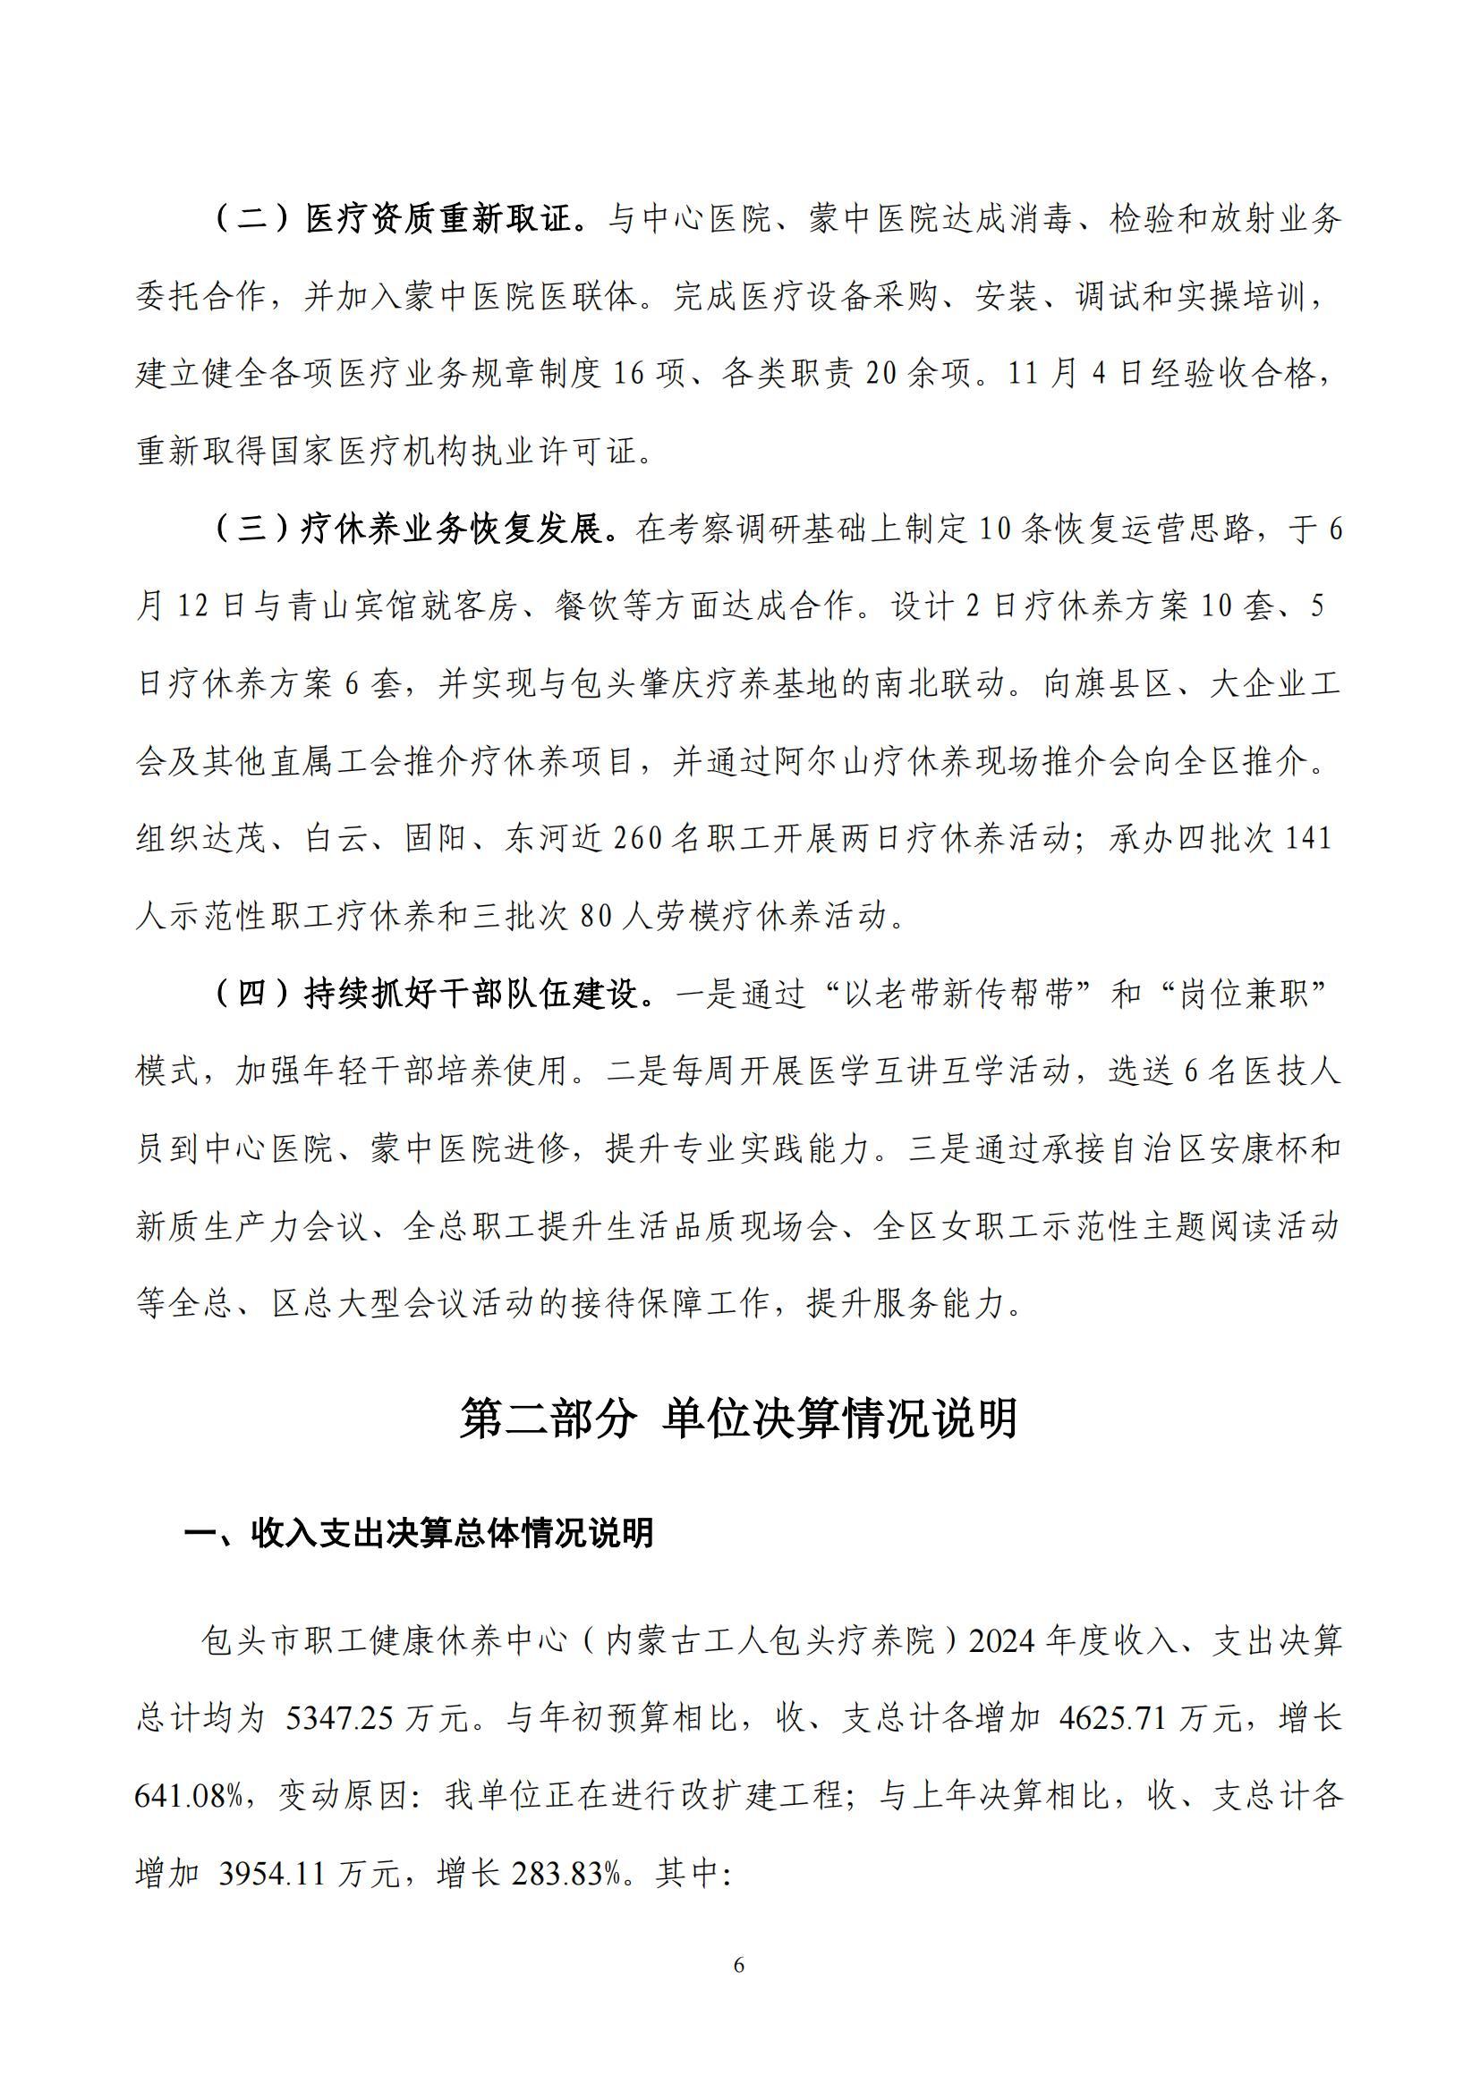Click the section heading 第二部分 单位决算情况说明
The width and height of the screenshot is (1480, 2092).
point(738,1419)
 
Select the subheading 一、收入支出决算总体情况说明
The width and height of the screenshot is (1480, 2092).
point(419,1534)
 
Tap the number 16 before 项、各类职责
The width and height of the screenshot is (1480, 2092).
point(628,375)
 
